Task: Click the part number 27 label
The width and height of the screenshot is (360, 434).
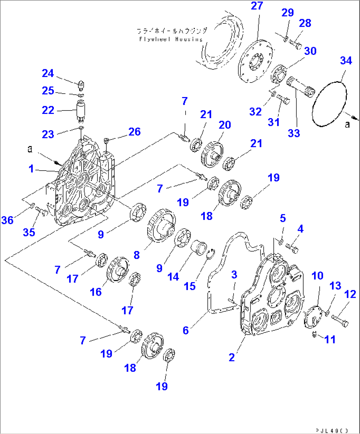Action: point(257,6)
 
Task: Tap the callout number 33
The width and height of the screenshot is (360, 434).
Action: point(294,133)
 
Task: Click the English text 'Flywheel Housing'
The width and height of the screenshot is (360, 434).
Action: point(171,39)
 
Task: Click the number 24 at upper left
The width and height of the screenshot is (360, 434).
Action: point(48,73)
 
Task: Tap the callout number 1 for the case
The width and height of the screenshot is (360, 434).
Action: point(31,169)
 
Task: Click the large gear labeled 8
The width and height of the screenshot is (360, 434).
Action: point(161,227)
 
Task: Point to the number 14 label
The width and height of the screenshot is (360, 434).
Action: point(173,277)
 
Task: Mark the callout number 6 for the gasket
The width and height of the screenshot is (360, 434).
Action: point(186,330)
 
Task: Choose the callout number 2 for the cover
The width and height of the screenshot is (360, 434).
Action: point(232,357)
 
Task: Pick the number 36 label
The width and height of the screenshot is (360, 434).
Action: point(7,220)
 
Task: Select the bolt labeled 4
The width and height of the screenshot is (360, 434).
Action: point(292,248)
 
